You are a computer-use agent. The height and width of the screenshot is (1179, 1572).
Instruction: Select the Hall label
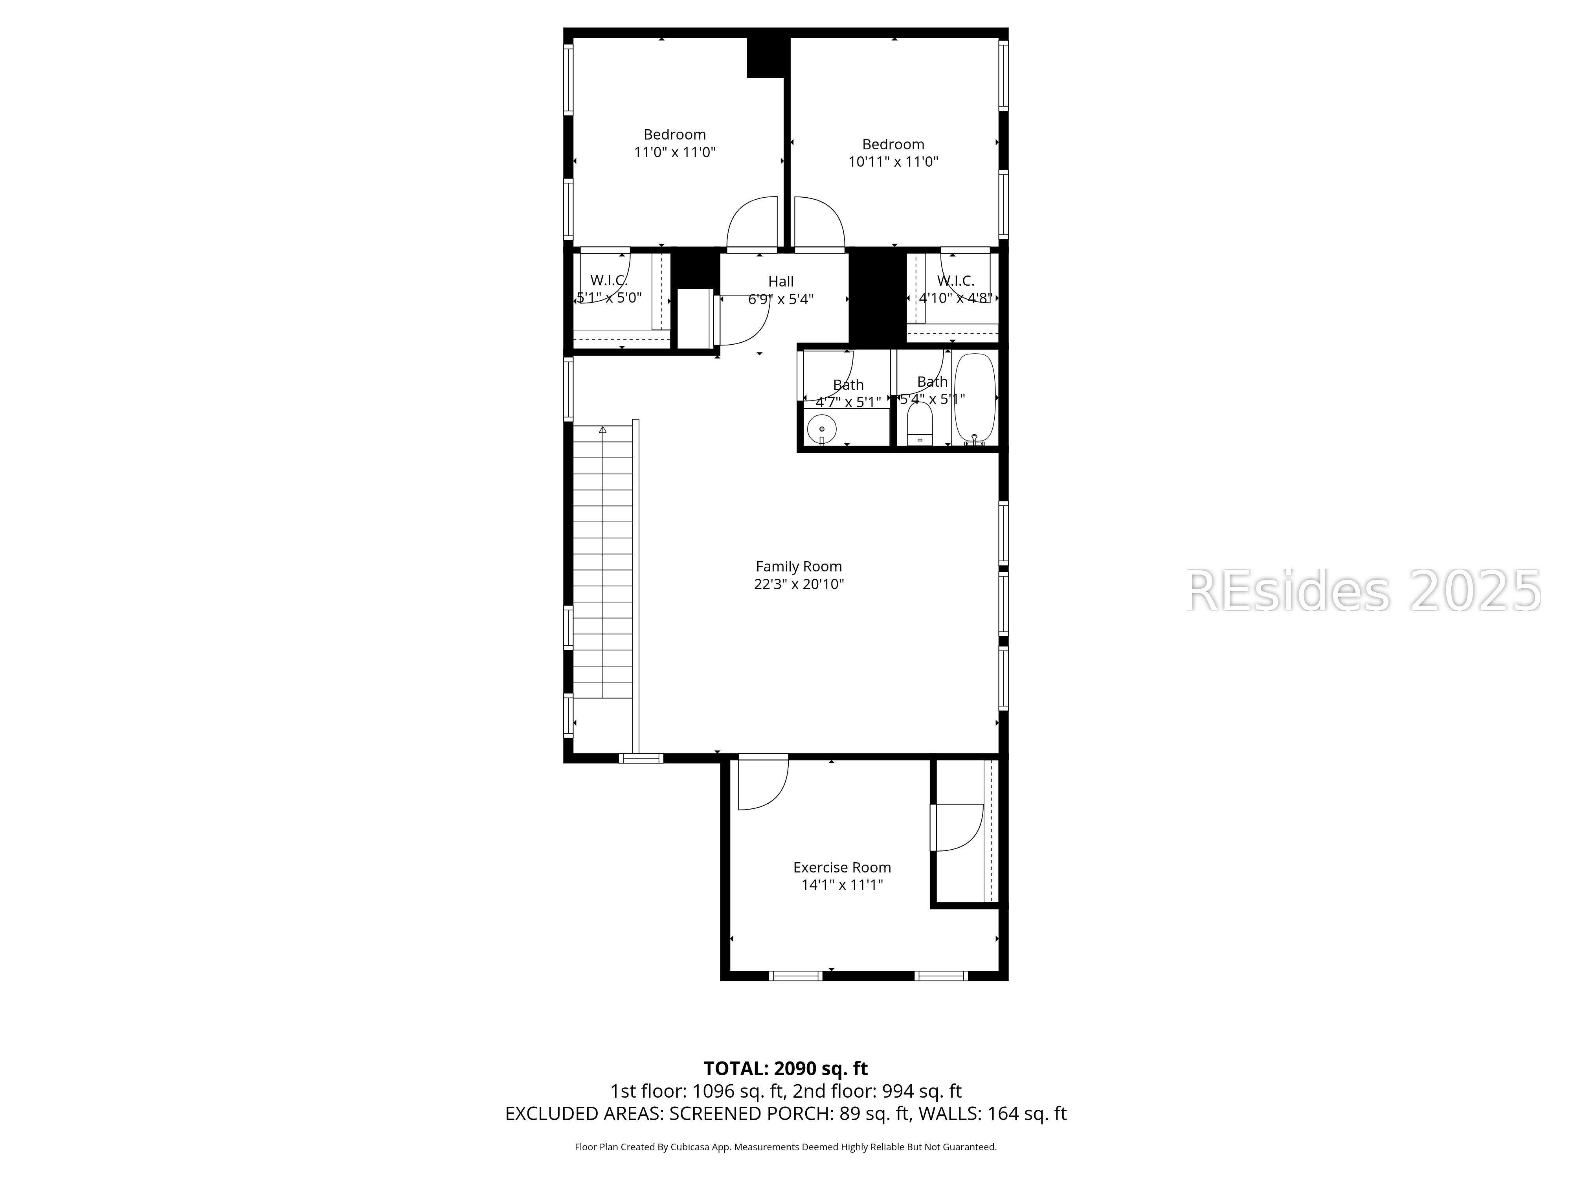(x=780, y=281)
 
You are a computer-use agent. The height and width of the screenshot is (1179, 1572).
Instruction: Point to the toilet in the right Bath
(x=920, y=425)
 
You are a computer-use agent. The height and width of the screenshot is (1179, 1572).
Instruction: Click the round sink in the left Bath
(x=821, y=429)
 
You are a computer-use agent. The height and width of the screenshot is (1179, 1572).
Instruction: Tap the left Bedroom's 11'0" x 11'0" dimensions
(x=674, y=152)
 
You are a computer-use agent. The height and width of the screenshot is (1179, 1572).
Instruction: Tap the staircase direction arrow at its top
(x=602, y=430)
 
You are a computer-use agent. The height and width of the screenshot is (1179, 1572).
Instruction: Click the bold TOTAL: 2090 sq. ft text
(x=785, y=1068)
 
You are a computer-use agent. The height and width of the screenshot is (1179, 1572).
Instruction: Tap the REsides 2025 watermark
(x=1363, y=591)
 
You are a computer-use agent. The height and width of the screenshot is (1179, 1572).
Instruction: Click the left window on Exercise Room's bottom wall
(x=796, y=976)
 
